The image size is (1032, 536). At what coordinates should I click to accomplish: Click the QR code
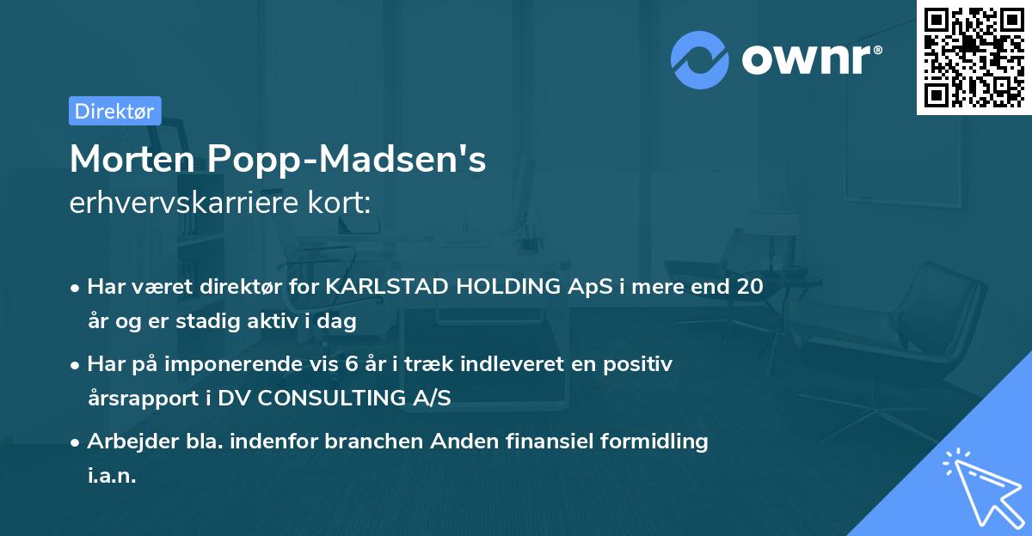click(x=974, y=58)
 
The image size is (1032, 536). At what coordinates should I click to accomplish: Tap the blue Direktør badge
click(x=114, y=111)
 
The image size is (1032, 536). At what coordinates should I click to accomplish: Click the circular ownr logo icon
click(x=700, y=59)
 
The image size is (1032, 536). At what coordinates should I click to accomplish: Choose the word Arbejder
click(x=126, y=442)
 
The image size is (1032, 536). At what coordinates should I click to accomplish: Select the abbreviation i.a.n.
click(x=112, y=475)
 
